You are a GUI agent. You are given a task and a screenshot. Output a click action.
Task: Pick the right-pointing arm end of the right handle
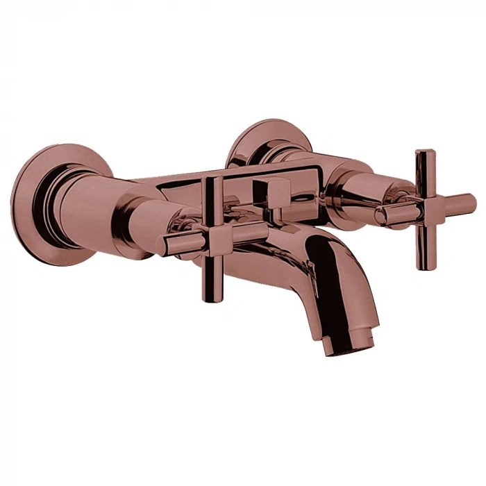coord(470,201)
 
